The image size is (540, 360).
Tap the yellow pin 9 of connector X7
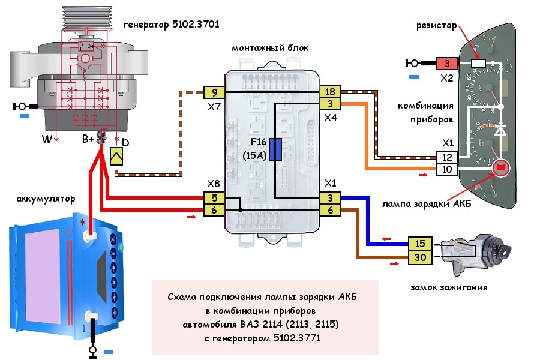click(214, 92)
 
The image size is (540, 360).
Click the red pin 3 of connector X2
click(447, 63)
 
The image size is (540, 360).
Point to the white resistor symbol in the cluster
click(479, 63)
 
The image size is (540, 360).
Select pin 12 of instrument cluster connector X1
click(448, 157)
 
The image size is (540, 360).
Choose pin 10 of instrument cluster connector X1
click(448, 170)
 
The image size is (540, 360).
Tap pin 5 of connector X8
click(214, 197)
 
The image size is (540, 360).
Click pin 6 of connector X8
click(214, 210)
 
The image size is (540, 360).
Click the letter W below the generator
click(46, 140)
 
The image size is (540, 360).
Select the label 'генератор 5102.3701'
click(171, 25)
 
